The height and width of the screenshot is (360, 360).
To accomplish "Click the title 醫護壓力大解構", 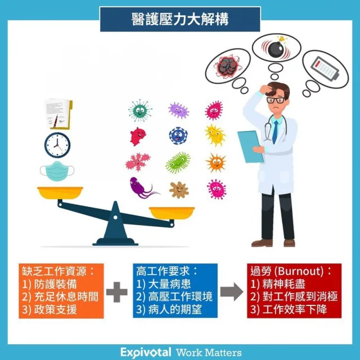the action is [180, 19].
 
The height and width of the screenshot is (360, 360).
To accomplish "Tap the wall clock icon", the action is [57, 145].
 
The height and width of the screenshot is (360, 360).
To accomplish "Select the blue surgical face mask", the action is [57, 171].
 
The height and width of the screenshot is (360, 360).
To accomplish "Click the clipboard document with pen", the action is [58, 114].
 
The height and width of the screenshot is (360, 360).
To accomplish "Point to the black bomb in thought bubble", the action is [276, 47].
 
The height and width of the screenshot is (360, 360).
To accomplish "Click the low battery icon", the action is [325, 69].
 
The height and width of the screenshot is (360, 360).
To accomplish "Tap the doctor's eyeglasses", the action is [276, 100].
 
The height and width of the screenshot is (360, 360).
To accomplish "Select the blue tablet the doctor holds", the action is [250, 146].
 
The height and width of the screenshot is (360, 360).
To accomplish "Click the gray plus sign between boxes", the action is [116, 292].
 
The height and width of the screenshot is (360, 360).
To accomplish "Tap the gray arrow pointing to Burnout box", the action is [232, 291].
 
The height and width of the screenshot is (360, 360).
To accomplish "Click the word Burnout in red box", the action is [299, 271].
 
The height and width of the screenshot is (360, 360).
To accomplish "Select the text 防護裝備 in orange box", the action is [55, 284].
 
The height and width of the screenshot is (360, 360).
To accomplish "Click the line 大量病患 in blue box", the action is [169, 283].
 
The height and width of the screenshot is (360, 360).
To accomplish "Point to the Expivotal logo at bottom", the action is [146, 352].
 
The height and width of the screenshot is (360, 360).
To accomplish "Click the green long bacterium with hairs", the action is [178, 163].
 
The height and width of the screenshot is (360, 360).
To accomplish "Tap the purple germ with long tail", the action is [143, 187].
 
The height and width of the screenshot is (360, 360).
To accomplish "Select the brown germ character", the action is [179, 190].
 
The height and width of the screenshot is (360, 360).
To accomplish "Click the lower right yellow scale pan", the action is [172, 213].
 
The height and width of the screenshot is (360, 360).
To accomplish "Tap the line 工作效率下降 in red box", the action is [295, 309].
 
